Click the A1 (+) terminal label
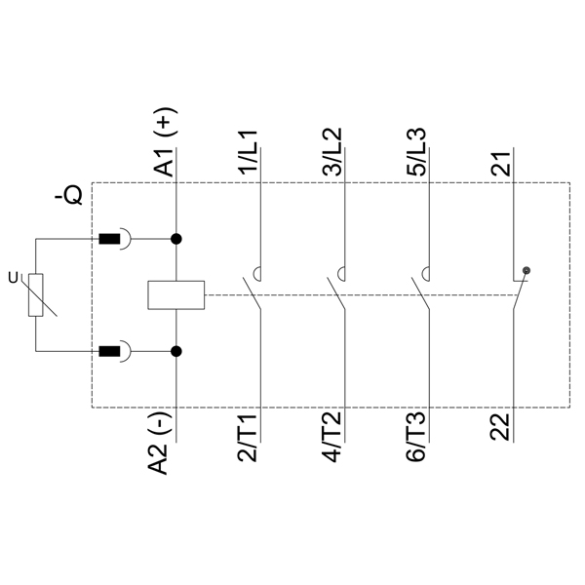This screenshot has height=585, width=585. click(x=164, y=141)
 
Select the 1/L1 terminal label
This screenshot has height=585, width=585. click(x=248, y=153)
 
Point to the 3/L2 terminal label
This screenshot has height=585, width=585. click(x=331, y=152)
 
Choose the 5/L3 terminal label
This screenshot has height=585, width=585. click(x=416, y=152)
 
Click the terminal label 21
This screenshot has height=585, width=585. click(x=500, y=164)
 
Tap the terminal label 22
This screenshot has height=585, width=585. click(x=500, y=427)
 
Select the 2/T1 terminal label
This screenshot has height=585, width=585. click(x=248, y=438)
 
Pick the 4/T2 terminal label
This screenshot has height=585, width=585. click(x=331, y=438)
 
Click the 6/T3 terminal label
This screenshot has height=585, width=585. click(x=416, y=438)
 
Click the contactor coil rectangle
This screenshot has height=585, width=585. click(x=176, y=295)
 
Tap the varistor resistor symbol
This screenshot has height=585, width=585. click(x=36, y=295)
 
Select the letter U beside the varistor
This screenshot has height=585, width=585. click(x=13, y=278)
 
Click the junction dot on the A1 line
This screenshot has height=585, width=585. click(x=176, y=239)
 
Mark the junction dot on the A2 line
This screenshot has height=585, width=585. click(x=176, y=351)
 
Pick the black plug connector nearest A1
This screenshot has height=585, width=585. click(x=109, y=239)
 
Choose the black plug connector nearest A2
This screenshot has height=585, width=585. click(x=109, y=351)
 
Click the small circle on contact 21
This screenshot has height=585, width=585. click(x=526, y=270)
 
